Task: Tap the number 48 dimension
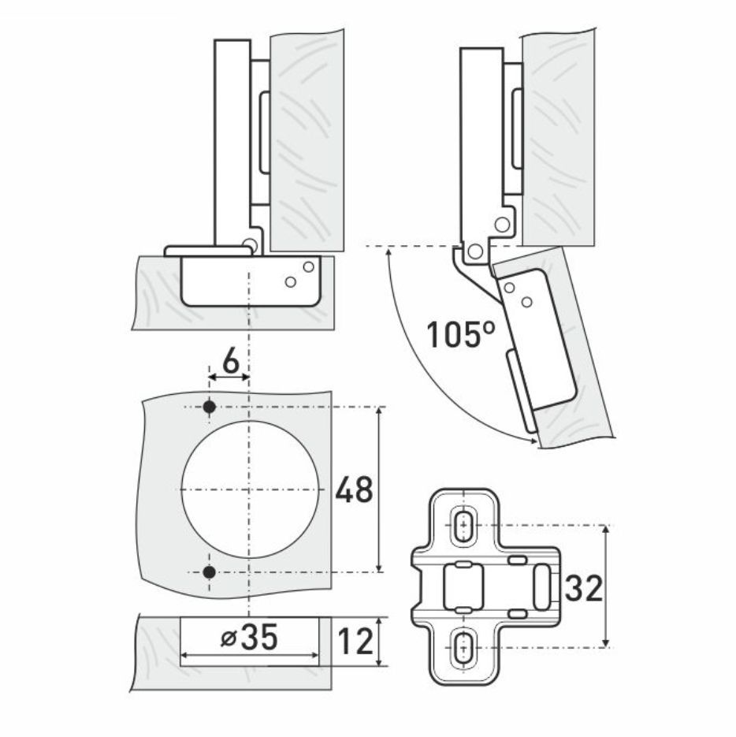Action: (x=354, y=489)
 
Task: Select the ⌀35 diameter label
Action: (x=250, y=638)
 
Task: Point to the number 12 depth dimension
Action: (x=355, y=642)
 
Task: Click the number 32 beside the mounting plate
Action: (x=583, y=587)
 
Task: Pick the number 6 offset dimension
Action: (x=231, y=363)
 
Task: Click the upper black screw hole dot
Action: (x=209, y=407)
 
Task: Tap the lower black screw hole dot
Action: (x=209, y=572)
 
